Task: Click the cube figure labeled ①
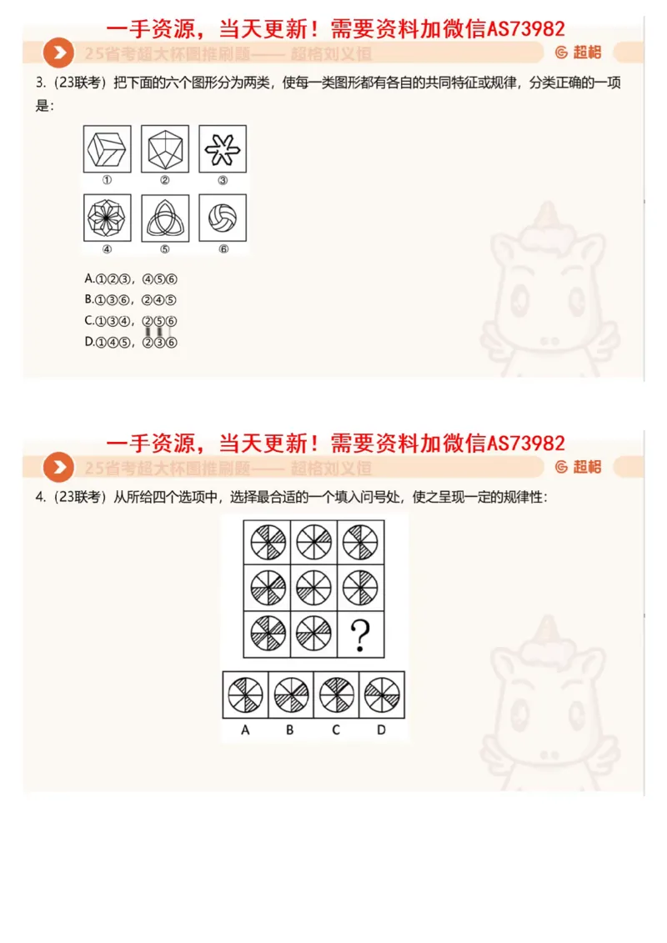click(x=108, y=149)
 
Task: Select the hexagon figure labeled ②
click(x=165, y=149)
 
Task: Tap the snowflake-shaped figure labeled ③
click(x=222, y=149)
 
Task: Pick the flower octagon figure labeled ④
click(x=108, y=218)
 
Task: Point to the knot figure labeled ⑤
click(x=165, y=218)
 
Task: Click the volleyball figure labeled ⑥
click(x=222, y=218)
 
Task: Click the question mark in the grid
click(x=360, y=635)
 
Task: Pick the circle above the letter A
click(x=246, y=695)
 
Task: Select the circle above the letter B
click(x=291, y=695)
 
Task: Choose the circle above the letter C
click(x=337, y=695)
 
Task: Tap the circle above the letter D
click(x=383, y=695)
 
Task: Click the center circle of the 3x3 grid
click(x=313, y=587)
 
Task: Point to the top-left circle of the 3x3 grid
click(x=268, y=542)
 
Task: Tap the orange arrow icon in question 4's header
click(x=58, y=468)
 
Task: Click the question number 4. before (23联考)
click(x=40, y=498)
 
